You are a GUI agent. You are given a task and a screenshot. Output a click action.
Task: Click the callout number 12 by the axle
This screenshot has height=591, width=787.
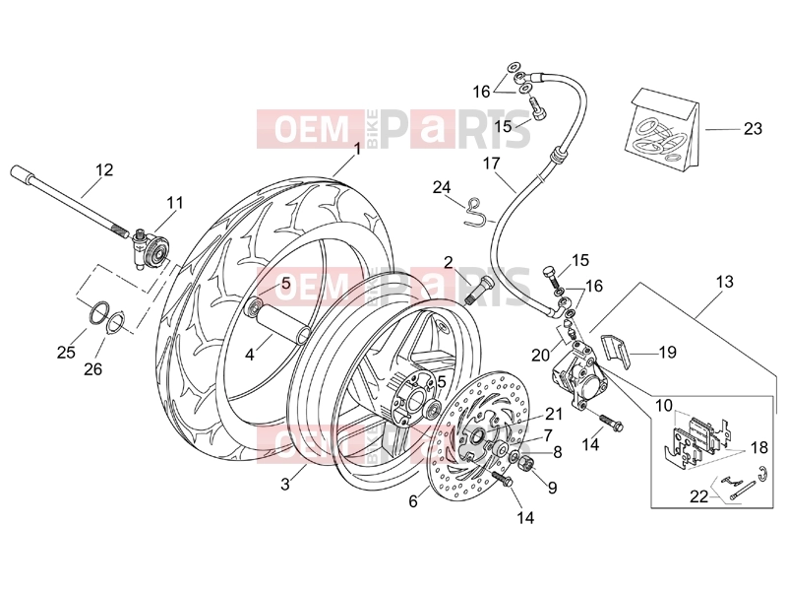[x=105, y=169]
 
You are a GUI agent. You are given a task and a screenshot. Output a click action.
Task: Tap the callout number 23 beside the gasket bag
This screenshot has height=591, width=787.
[x=753, y=129]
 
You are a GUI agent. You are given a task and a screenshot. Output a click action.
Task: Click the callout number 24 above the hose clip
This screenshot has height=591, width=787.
[x=442, y=187]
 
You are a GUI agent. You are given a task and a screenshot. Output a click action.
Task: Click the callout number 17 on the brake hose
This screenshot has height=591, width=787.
[x=492, y=164]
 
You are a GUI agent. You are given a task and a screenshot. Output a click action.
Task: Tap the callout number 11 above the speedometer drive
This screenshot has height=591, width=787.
[x=175, y=203]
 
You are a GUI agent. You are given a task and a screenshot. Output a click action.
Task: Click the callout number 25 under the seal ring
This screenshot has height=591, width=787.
[x=66, y=353]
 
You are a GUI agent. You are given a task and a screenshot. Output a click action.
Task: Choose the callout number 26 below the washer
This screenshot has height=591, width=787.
[x=92, y=369]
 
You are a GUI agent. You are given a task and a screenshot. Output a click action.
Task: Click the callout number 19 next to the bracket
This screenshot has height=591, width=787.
[x=667, y=353]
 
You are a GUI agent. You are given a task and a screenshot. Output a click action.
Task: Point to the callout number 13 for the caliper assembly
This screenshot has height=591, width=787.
[x=724, y=282]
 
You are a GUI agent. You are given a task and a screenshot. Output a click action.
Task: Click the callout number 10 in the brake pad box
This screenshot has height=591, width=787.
[x=663, y=405]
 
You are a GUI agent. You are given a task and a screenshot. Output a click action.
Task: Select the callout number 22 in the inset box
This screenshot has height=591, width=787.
[x=698, y=496]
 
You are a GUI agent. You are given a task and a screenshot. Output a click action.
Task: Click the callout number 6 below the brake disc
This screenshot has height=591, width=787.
[x=413, y=501]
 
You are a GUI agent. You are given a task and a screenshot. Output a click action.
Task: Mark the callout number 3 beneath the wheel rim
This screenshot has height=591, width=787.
[x=285, y=485]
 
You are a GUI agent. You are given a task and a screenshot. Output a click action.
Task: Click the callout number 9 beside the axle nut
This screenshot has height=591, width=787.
[x=552, y=487]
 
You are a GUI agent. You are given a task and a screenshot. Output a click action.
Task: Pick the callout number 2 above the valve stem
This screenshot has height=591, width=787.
[x=449, y=262]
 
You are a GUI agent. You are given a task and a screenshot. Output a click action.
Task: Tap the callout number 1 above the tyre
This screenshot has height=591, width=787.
[x=357, y=150]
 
